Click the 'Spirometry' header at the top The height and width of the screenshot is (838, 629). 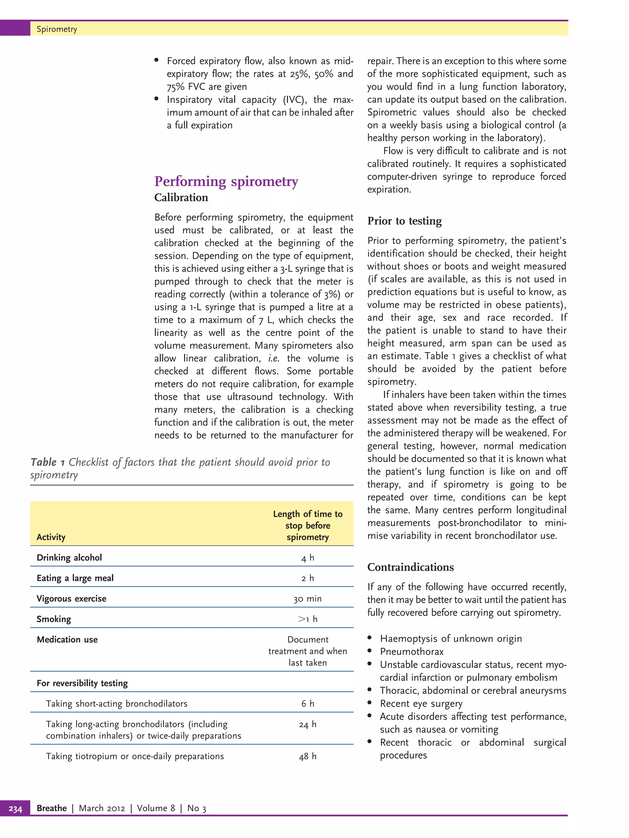point(57,29)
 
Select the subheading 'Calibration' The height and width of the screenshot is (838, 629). point(181,198)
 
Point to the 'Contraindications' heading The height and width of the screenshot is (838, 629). point(410,567)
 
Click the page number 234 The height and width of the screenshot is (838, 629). point(15,808)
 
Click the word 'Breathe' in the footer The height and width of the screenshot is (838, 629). point(52,808)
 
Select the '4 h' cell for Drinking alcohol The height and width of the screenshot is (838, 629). point(307,558)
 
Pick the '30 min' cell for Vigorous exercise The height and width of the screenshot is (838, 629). point(307,599)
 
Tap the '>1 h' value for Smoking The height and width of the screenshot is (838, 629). point(307,619)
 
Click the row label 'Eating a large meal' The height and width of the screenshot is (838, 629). point(75,578)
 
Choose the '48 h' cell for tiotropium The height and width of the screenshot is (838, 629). point(307,756)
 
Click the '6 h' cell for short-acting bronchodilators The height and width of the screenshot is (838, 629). point(307,704)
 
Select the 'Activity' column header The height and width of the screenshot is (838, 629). point(51,537)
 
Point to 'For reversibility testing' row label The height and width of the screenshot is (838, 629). point(82,683)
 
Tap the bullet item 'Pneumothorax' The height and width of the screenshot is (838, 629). point(411,652)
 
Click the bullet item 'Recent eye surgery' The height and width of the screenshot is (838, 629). point(421,704)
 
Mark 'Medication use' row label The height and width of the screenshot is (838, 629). point(67,639)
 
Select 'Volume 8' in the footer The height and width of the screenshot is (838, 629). point(155,808)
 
